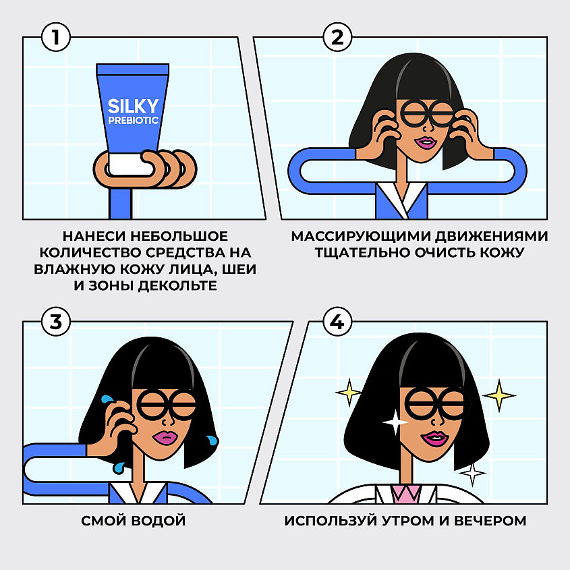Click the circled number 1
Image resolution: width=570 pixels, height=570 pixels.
coord(56,37)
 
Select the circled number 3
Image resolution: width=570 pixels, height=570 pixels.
coord(56,322)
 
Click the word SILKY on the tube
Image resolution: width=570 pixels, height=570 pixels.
coord(134,107)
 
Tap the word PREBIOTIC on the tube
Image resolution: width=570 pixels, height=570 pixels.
coord(134,121)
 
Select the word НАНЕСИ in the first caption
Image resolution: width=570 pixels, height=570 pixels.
coord(93,237)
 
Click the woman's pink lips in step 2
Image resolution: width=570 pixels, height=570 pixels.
coord(427,142)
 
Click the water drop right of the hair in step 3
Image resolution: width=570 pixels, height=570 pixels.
coord(213,440)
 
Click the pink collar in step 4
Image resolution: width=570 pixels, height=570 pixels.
coord(407,495)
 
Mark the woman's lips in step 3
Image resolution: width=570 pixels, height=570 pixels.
coord(164,437)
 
